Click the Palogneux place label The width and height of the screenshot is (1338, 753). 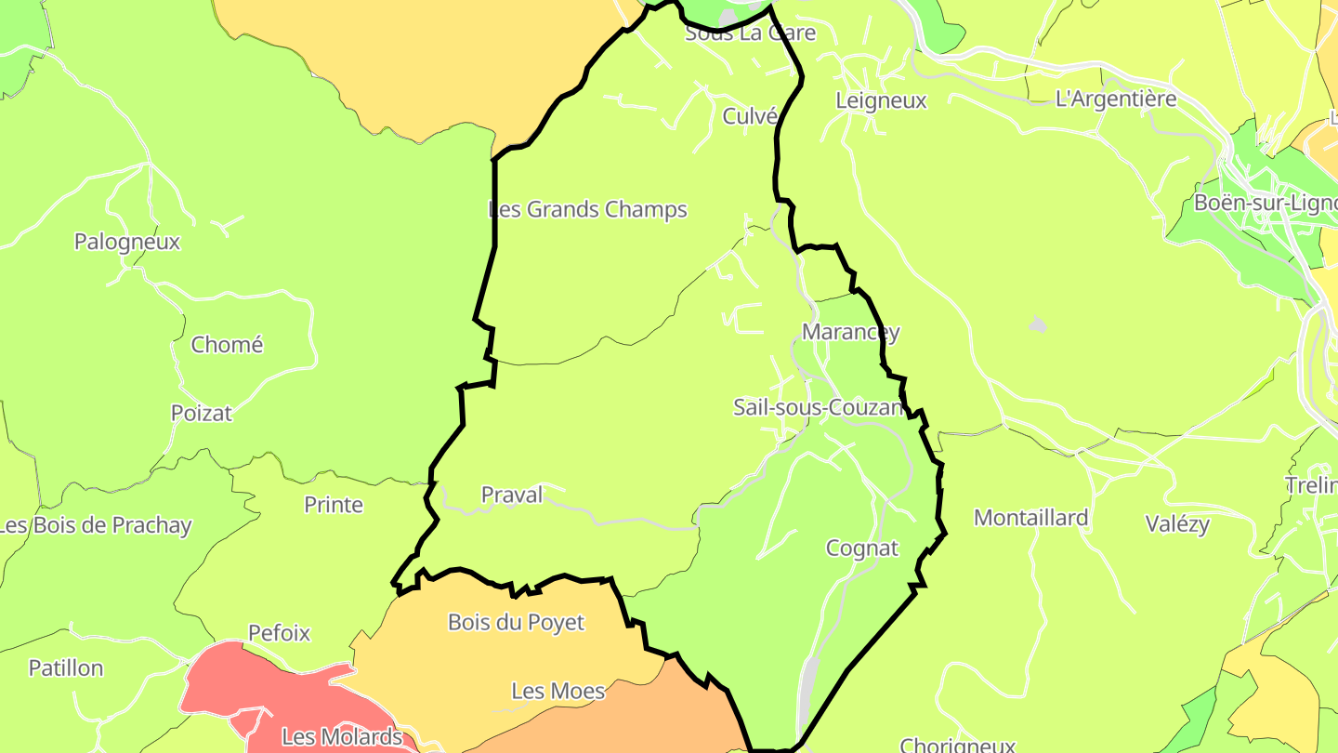pos(127,242)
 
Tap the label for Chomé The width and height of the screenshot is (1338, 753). pos(228,345)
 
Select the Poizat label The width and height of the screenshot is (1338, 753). pos(202,413)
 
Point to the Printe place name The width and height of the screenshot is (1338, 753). pos(334,505)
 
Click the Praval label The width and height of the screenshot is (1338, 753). pos(512,495)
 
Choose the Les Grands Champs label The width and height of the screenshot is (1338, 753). pos(588,209)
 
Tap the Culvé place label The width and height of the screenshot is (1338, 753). pos(750,116)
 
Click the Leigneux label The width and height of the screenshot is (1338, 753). pos(881,100)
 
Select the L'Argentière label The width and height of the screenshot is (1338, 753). pos(1116,99)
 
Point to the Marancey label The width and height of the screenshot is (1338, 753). pos(851,332)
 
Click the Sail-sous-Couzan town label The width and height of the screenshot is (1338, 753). pos(818,407)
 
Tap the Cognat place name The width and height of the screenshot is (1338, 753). pos(862,548)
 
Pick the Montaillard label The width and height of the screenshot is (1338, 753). pos(1030,518)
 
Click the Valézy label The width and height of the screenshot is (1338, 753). pos(1177,524)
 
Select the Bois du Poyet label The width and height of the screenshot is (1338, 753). pos(516,623)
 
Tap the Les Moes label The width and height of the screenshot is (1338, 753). pos(558,692)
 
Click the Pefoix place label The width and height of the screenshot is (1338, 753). pos(279,633)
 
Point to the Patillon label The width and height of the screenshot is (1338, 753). pos(66,668)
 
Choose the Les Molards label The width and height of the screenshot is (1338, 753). pos(342,738)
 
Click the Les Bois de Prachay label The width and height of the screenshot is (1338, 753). pos(96,525)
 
